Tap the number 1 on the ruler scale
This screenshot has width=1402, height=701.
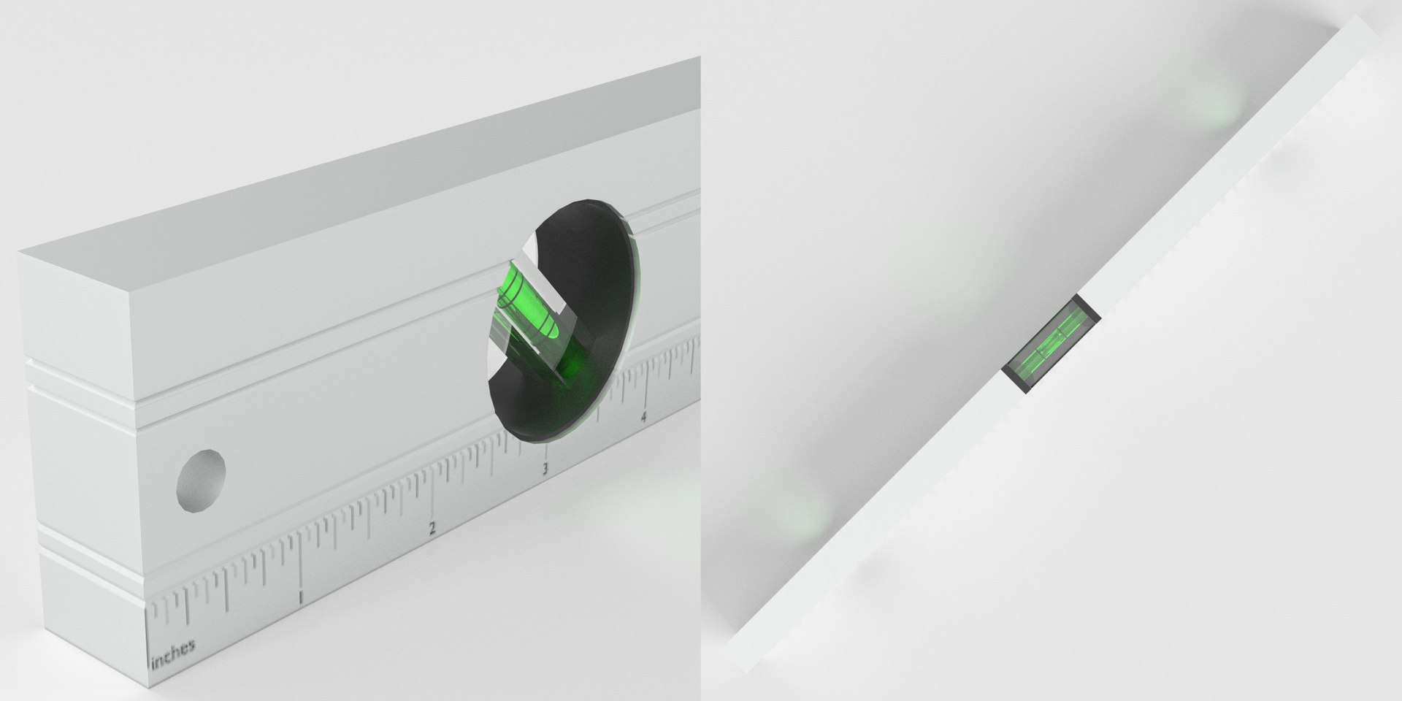(300, 598)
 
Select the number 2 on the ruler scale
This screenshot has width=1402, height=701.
(432, 528)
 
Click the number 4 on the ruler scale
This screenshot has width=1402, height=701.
(643, 418)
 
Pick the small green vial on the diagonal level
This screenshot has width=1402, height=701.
(1051, 344)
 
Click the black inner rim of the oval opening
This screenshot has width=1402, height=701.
(591, 241)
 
